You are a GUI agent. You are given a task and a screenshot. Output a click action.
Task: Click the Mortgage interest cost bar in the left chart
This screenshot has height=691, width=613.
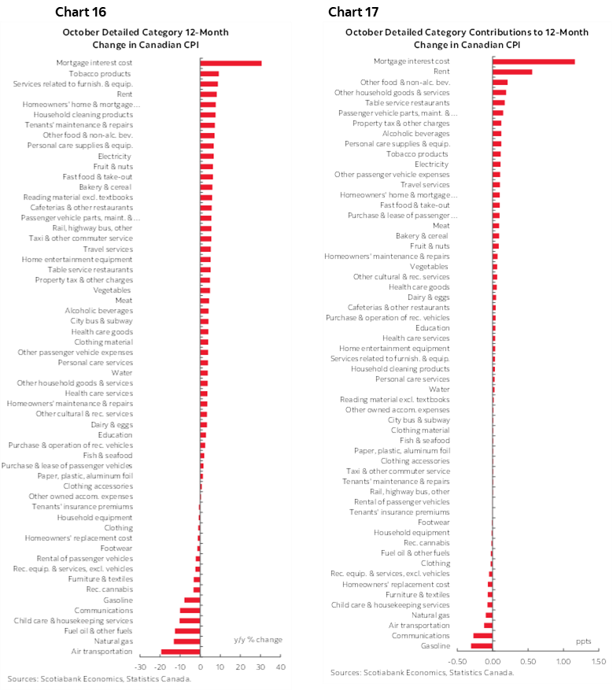point(231,63)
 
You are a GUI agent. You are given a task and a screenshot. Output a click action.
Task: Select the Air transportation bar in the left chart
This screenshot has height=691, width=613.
point(181,652)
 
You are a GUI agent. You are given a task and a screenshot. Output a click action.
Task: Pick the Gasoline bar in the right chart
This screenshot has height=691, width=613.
point(482,646)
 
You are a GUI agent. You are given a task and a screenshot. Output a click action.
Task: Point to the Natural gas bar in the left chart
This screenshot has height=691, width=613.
point(187,641)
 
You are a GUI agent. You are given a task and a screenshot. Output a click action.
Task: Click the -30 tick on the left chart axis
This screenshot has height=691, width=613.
point(140,667)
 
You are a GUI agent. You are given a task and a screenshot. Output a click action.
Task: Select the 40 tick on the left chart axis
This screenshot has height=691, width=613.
point(281,667)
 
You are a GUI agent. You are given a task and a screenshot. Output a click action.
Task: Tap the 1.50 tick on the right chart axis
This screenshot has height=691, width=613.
point(597,661)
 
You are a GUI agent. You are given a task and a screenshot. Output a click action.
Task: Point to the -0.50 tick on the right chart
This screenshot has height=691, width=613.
point(456,661)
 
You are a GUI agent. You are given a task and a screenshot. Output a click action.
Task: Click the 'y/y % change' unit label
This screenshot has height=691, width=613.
point(258,639)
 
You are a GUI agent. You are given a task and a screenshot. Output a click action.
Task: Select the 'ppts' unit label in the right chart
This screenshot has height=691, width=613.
point(583,641)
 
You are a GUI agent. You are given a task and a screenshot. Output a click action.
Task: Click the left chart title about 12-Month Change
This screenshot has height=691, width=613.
point(146,38)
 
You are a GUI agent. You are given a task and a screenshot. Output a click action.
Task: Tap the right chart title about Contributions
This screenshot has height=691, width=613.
point(467,38)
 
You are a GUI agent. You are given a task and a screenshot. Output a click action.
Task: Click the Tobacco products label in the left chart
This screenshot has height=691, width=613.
point(111,73)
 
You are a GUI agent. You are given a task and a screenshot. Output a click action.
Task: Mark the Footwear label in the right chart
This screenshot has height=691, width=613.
point(434,522)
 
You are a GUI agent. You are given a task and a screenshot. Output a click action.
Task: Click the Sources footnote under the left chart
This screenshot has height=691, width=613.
point(98,678)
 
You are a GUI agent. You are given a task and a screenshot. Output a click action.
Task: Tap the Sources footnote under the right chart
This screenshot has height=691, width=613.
point(422,673)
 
